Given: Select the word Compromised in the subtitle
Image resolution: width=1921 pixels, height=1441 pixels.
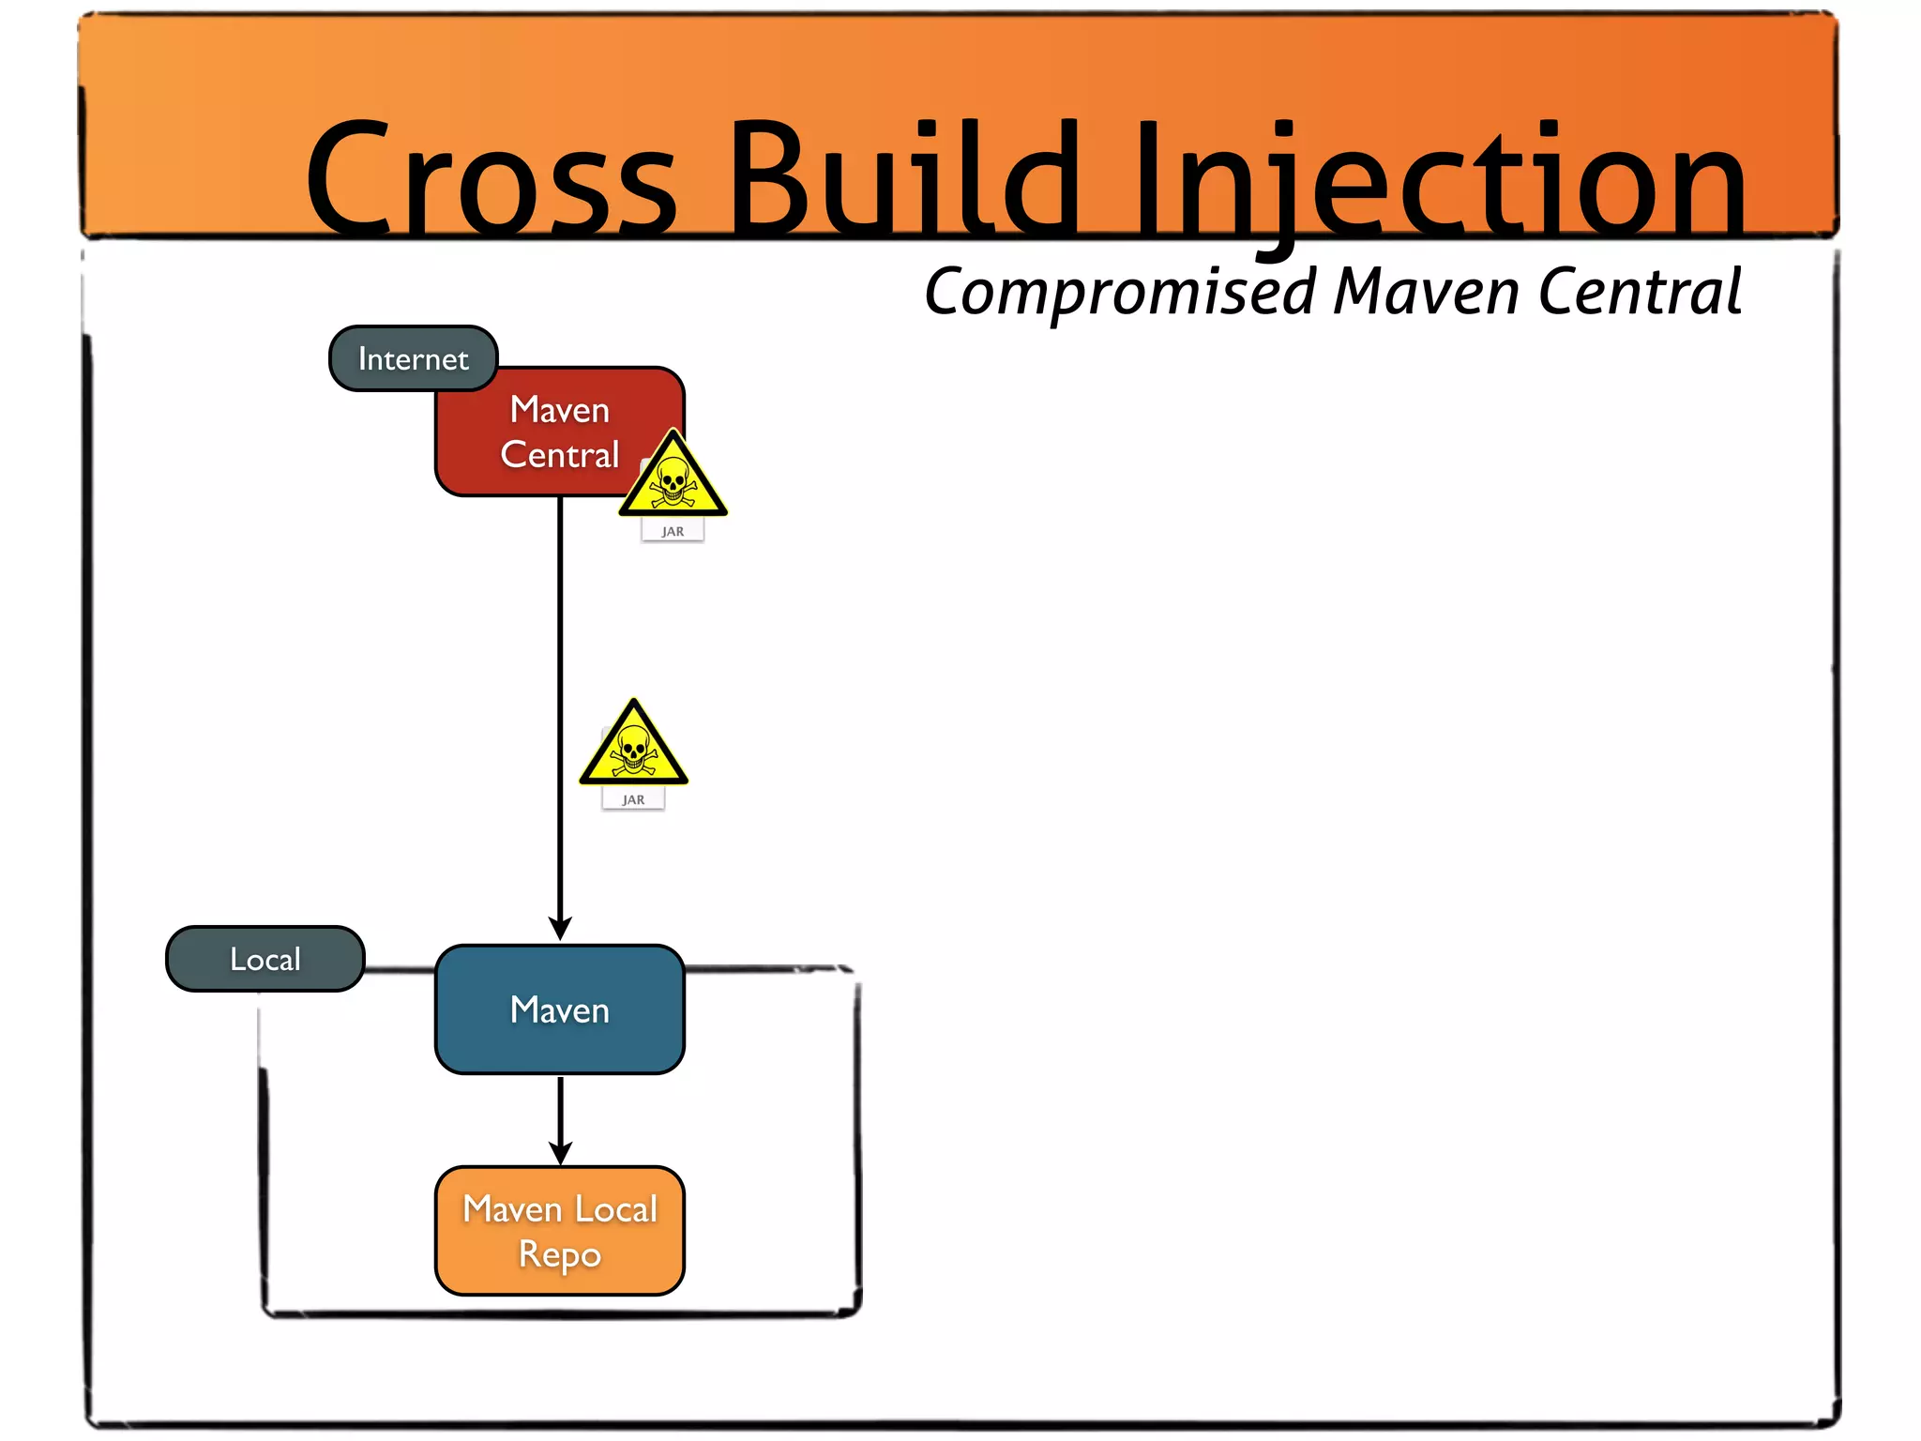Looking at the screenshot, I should pyautogui.click(x=1121, y=293).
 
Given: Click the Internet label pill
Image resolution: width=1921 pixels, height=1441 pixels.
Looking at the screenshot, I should pyautogui.click(x=413, y=358).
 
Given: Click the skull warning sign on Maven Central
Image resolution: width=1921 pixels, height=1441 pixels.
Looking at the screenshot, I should pyautogui.click(x=673, y=478).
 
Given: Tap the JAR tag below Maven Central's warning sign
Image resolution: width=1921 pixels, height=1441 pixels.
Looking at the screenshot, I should pyautogui.click(x=673, y=531).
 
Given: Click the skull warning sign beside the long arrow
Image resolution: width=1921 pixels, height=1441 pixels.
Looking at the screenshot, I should pyautogui.click(x=633, y=747).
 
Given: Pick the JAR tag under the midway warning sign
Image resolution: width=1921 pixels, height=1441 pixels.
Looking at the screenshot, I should pyautogui.click(x=633, y=799).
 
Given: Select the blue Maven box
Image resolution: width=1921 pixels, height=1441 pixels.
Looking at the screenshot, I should pyautogui.click(x=560, y=1009).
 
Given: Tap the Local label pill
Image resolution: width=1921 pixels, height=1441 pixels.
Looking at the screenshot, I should pyautogui.click(x=265, y=959).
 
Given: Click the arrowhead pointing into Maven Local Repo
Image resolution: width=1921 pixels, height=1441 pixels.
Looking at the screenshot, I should pyautogui.click(x=560, y=1152).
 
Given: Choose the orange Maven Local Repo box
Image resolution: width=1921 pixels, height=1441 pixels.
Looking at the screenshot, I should pyautogui.click(x=560, y=1231).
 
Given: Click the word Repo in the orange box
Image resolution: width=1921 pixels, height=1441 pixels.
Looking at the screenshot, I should pyautogui.click(x=560, y=1254).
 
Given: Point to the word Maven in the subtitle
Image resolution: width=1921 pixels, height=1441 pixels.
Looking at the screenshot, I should pyautogui.click(x=1426, y=293).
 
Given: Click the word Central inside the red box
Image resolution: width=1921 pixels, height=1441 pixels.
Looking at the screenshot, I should pyautogui.click(x=560, y=455).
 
